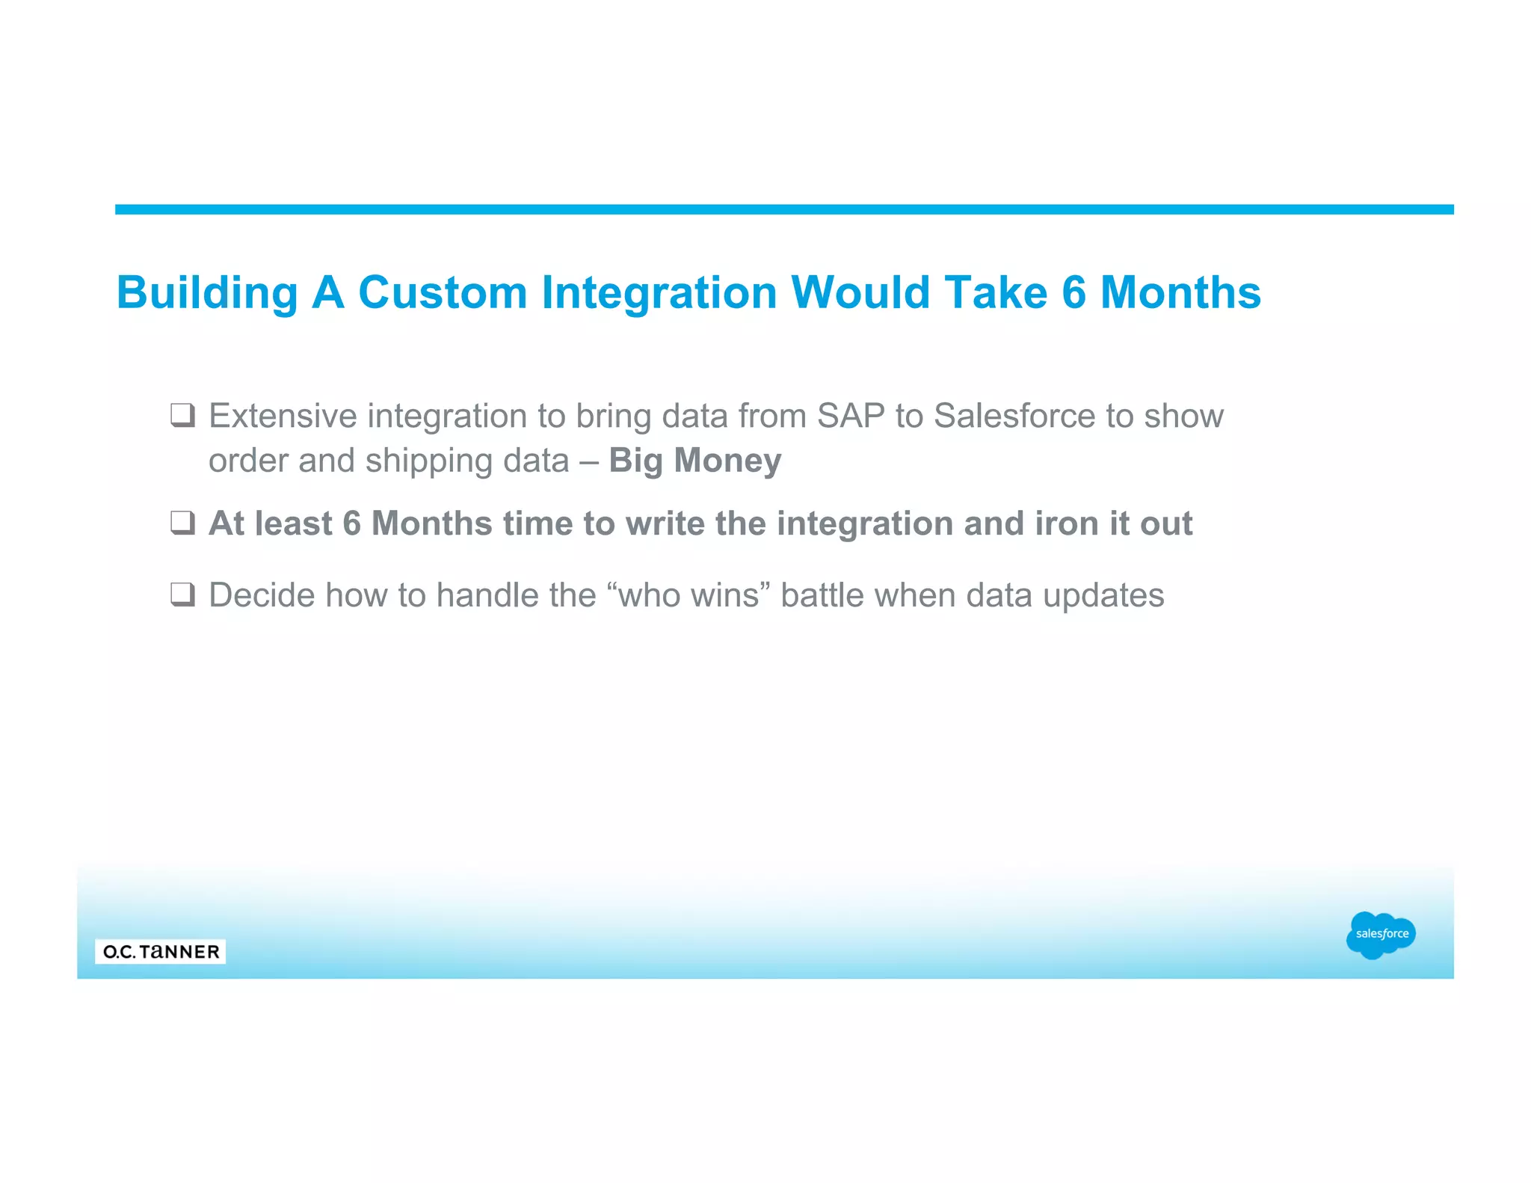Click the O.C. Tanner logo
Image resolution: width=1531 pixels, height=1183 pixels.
click(161, 951)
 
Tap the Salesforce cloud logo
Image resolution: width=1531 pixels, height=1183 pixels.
click(1381, 934)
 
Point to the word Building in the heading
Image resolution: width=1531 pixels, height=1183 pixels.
click(207, 293)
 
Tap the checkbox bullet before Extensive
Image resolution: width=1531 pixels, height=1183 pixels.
click(183, 415)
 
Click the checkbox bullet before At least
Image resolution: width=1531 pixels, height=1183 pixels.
click(183, 523)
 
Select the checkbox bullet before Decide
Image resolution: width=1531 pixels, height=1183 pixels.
click(183, 595)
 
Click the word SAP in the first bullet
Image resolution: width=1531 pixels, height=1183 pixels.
click(851, 416)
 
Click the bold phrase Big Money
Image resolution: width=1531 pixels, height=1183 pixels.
click(694, 461)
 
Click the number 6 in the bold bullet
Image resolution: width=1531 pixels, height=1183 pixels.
click(351, 523)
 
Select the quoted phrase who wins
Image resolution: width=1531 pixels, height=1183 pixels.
click(689, 596)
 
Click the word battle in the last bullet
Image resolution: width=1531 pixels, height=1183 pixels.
click(822, 596)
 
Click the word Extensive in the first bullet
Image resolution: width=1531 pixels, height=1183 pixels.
click(283, 416)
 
